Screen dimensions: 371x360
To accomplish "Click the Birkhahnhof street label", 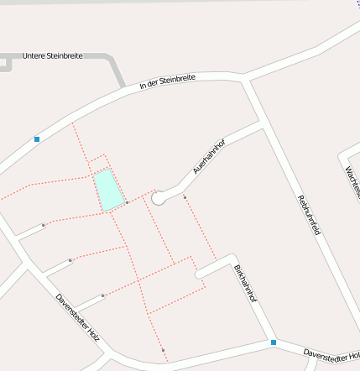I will [x=245, y=285].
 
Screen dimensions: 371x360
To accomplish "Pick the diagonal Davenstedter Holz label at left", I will [x=77, y=316].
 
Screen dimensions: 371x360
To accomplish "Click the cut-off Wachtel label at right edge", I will [x=352, y=181].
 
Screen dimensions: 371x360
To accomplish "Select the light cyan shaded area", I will [x=107, y=190].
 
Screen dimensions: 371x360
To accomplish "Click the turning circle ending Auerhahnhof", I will [x=158, y=197].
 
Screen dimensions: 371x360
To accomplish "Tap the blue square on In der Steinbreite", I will [x=37, y=138].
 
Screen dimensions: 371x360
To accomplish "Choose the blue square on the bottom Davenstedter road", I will [x=274, y=342].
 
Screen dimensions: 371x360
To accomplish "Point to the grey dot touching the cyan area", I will [x=127, y=202].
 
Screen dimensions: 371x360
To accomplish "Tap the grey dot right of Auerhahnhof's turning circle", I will [x=185, y=197].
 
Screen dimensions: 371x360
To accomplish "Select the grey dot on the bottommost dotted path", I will [x=163, y=349].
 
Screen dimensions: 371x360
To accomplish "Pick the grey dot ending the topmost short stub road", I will [x=43, y=225].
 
